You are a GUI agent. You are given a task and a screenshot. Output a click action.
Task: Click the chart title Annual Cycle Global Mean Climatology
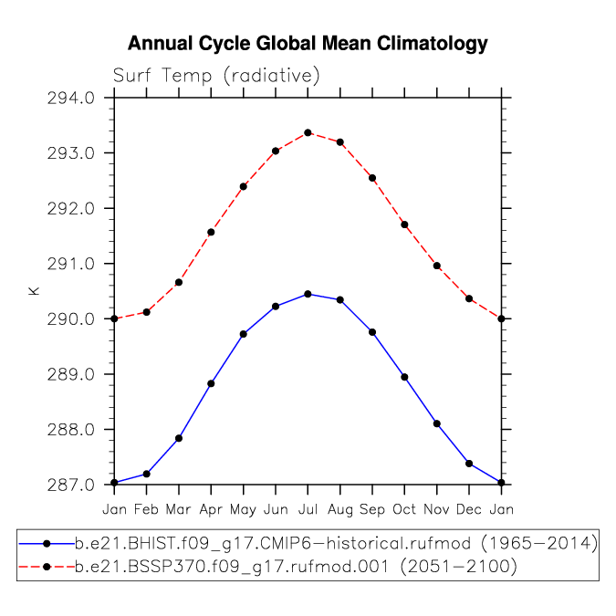pyautogui.click(x=308, y=44)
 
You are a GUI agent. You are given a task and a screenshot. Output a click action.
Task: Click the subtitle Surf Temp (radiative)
pyautogui.click(x=216, y=75)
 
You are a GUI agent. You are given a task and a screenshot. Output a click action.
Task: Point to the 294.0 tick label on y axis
pyautogui.click(x=71, y=98)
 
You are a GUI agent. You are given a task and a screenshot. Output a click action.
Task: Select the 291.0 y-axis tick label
pyautogui.click(x=71, y=264)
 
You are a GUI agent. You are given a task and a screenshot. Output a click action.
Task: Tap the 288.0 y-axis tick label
pyautogui.click(x=71, y=430)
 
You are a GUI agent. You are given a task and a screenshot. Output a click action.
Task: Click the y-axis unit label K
pyautogui.click(x=34, y=291)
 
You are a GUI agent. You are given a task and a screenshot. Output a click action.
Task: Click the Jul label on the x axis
pyautogui.click(x=308, y=509)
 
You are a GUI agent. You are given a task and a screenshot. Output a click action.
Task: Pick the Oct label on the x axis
pyautogui.click(x=404, y=509)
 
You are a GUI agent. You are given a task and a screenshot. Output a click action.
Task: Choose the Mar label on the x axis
pyautogui.click(x=178, y=509)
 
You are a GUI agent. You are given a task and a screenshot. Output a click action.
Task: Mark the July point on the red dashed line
pyautogui.click(x=308, y=133)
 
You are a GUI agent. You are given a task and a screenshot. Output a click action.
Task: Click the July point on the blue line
pyautogui.click(x=308, y=294)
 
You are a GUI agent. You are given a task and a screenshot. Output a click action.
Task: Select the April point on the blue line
pyautogui.click(x=211, y=384)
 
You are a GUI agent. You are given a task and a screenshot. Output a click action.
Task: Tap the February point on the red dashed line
pyautogui.click(x=147, y=312)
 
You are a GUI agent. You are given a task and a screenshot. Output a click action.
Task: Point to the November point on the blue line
pyautogui.click(x=437, y=423)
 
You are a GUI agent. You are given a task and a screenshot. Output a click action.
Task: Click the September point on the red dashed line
pyautogui.click(x=372, y=178)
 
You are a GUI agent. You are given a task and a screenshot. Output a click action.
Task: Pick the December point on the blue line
pyautogui.click(x=469, y=464)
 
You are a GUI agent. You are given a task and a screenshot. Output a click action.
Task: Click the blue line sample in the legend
pyautogui.click(x=47, y=544)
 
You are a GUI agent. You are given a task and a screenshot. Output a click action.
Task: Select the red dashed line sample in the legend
pyautogui.click(x=47, y=567)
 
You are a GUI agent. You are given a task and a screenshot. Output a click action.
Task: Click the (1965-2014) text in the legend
pyautogui.click(x=539, y=544)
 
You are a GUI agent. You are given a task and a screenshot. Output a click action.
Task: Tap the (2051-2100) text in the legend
pyautogui.click(x=458, y=567)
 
